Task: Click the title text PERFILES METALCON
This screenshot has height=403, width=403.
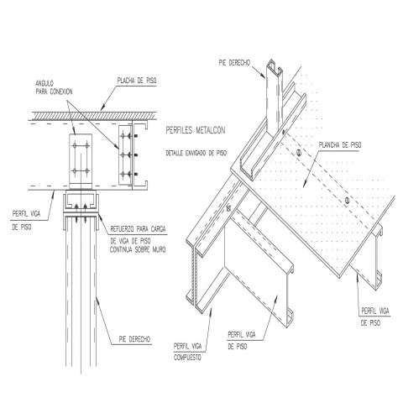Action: [x=196, y=130]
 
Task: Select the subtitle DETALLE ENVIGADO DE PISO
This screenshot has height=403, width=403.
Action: [x=196, y=153]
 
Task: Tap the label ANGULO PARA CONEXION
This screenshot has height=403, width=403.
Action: [x=54, y=87]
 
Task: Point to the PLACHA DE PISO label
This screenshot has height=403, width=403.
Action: [x=137, y=81]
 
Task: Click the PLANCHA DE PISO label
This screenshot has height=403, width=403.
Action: [x=340, y=145]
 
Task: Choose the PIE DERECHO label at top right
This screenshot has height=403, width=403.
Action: [x=234, y=63]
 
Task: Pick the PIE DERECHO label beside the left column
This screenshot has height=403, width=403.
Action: [x=134, y=339]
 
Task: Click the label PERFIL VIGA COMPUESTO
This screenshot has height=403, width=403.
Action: [x=187, y=352]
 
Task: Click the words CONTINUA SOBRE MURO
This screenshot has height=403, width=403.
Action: [x=138, y=249]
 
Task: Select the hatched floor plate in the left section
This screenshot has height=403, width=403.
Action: [x=94, y=116]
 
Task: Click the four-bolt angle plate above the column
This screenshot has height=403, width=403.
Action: [x=81, y=161]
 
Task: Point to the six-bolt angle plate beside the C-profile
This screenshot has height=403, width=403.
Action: [x=125, y=154]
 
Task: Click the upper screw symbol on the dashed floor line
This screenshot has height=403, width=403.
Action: [x=299, y=153]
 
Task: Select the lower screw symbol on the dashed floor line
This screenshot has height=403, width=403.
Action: [x=347, y=200]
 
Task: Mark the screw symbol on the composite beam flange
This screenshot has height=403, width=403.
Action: [x=229, y=208]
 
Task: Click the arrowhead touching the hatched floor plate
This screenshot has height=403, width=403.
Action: [x=102, y=108]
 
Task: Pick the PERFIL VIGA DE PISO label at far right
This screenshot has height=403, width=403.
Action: [x=374, y=317]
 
